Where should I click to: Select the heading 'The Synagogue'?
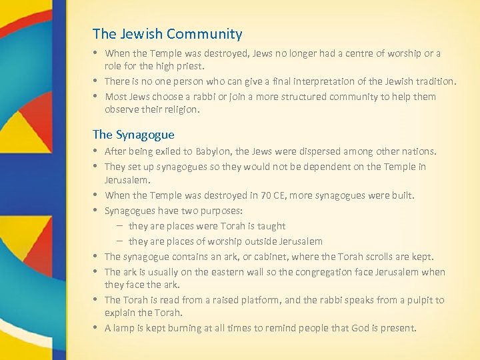tap(133, 134)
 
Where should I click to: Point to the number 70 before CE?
tap(260, 195)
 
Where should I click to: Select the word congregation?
tap(327, 272)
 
